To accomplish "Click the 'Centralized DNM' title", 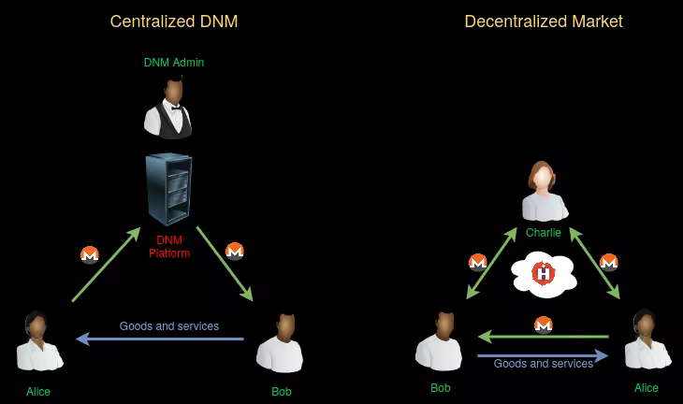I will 174,21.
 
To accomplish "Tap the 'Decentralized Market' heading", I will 544,21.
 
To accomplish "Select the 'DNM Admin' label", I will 174,63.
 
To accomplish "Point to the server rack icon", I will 169,190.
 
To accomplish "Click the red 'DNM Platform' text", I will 169,247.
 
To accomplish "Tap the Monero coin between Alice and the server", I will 90,254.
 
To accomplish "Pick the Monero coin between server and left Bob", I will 235,251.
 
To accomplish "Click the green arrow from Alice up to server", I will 106,265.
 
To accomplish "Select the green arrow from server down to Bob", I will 225,263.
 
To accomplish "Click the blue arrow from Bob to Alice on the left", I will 160,339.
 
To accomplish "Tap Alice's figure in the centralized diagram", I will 38,343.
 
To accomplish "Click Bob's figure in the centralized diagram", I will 281,343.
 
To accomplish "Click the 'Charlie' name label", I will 544,233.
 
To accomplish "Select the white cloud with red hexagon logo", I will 544,274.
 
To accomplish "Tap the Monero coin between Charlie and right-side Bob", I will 478,263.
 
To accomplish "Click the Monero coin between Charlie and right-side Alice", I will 609,262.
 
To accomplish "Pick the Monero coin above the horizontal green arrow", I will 544,325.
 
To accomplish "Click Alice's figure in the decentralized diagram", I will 646,341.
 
